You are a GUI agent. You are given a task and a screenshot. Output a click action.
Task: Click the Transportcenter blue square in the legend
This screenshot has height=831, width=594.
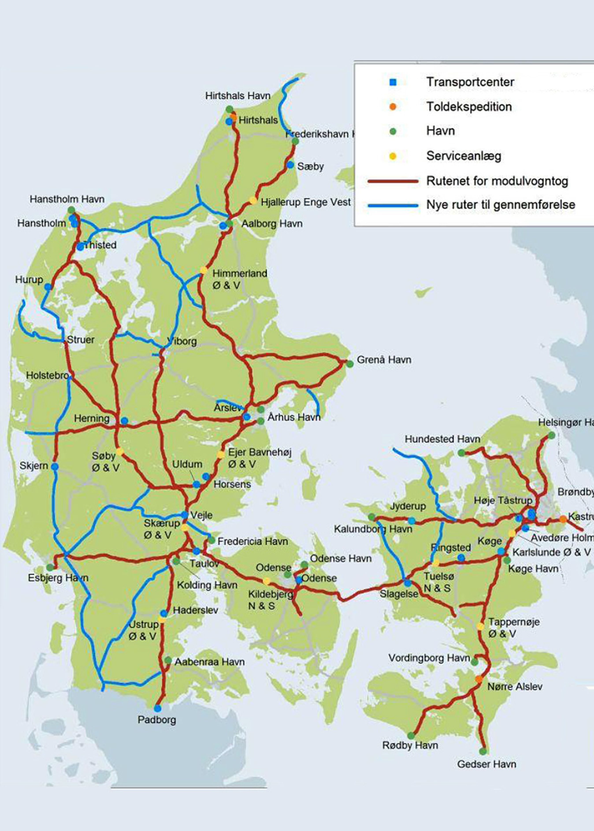(x=393, y=82)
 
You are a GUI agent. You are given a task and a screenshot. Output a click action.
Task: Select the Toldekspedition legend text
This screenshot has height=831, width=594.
(x=469, y=107)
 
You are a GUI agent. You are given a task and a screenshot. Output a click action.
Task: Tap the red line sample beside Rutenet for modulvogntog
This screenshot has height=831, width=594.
(x=393, y=181)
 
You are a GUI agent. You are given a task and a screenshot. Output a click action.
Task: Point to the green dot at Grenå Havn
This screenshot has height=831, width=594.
(x=350, y=364)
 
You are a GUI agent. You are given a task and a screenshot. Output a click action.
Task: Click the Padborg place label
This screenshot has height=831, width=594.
(x=157, y=720)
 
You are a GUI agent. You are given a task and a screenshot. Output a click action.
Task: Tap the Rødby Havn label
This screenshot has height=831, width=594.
(x=410, y=745)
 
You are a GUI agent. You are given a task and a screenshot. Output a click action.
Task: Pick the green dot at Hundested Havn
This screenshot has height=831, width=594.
(x=462, y=453)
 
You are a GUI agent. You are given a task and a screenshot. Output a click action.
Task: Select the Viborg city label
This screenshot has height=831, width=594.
(x=182, y=341)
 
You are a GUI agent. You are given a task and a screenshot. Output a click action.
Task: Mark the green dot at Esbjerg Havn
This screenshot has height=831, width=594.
(x=50, y=568)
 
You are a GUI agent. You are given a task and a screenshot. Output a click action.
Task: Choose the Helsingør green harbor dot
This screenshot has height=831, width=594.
(x=551, y=435)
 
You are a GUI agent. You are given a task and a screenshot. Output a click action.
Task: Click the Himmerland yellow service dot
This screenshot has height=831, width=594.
(x=203, y=270)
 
